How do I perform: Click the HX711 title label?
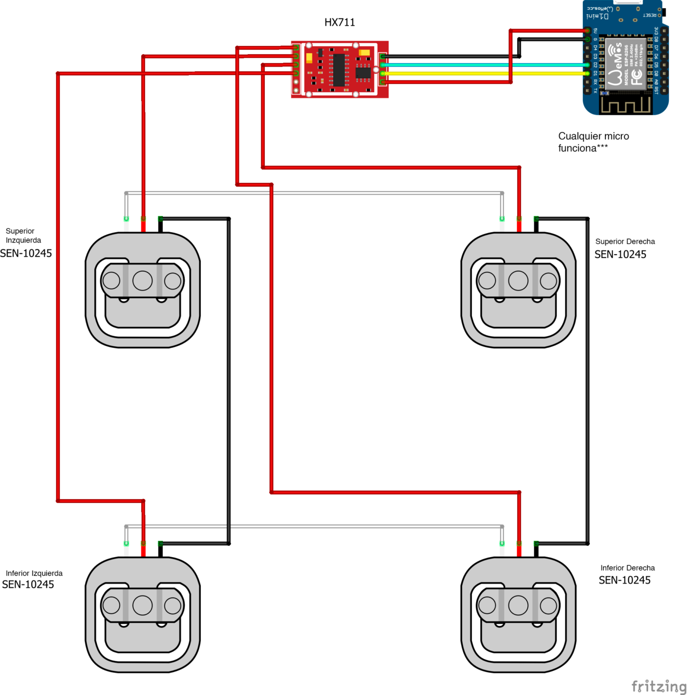[x=339, y=22]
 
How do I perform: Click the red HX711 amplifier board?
[x=339, y=69]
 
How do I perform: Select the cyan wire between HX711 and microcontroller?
[x=484, y=65]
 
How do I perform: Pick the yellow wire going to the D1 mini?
[x=484, y=73]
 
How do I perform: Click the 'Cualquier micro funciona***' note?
[x=593, y=142]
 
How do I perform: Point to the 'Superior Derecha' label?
[x=625, y=242]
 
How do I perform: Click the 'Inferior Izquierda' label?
[x=34, y=573]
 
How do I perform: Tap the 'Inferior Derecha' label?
[x=627, y=568]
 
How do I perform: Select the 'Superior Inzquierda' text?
[x=23, y=236]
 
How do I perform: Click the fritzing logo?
[x=658, y=686]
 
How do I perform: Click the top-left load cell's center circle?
[x=143, y=281]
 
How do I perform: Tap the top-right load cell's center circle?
[x=518, y=281]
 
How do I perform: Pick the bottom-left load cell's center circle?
[x=143, y=605]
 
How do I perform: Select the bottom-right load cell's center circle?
[x=518, y=605]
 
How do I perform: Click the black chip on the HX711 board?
[x=339, y=69]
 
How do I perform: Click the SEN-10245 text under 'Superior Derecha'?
[x=620, y=255]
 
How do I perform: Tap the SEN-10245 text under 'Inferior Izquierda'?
[x=28, y=585]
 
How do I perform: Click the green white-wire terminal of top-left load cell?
[x=126, y=219]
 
